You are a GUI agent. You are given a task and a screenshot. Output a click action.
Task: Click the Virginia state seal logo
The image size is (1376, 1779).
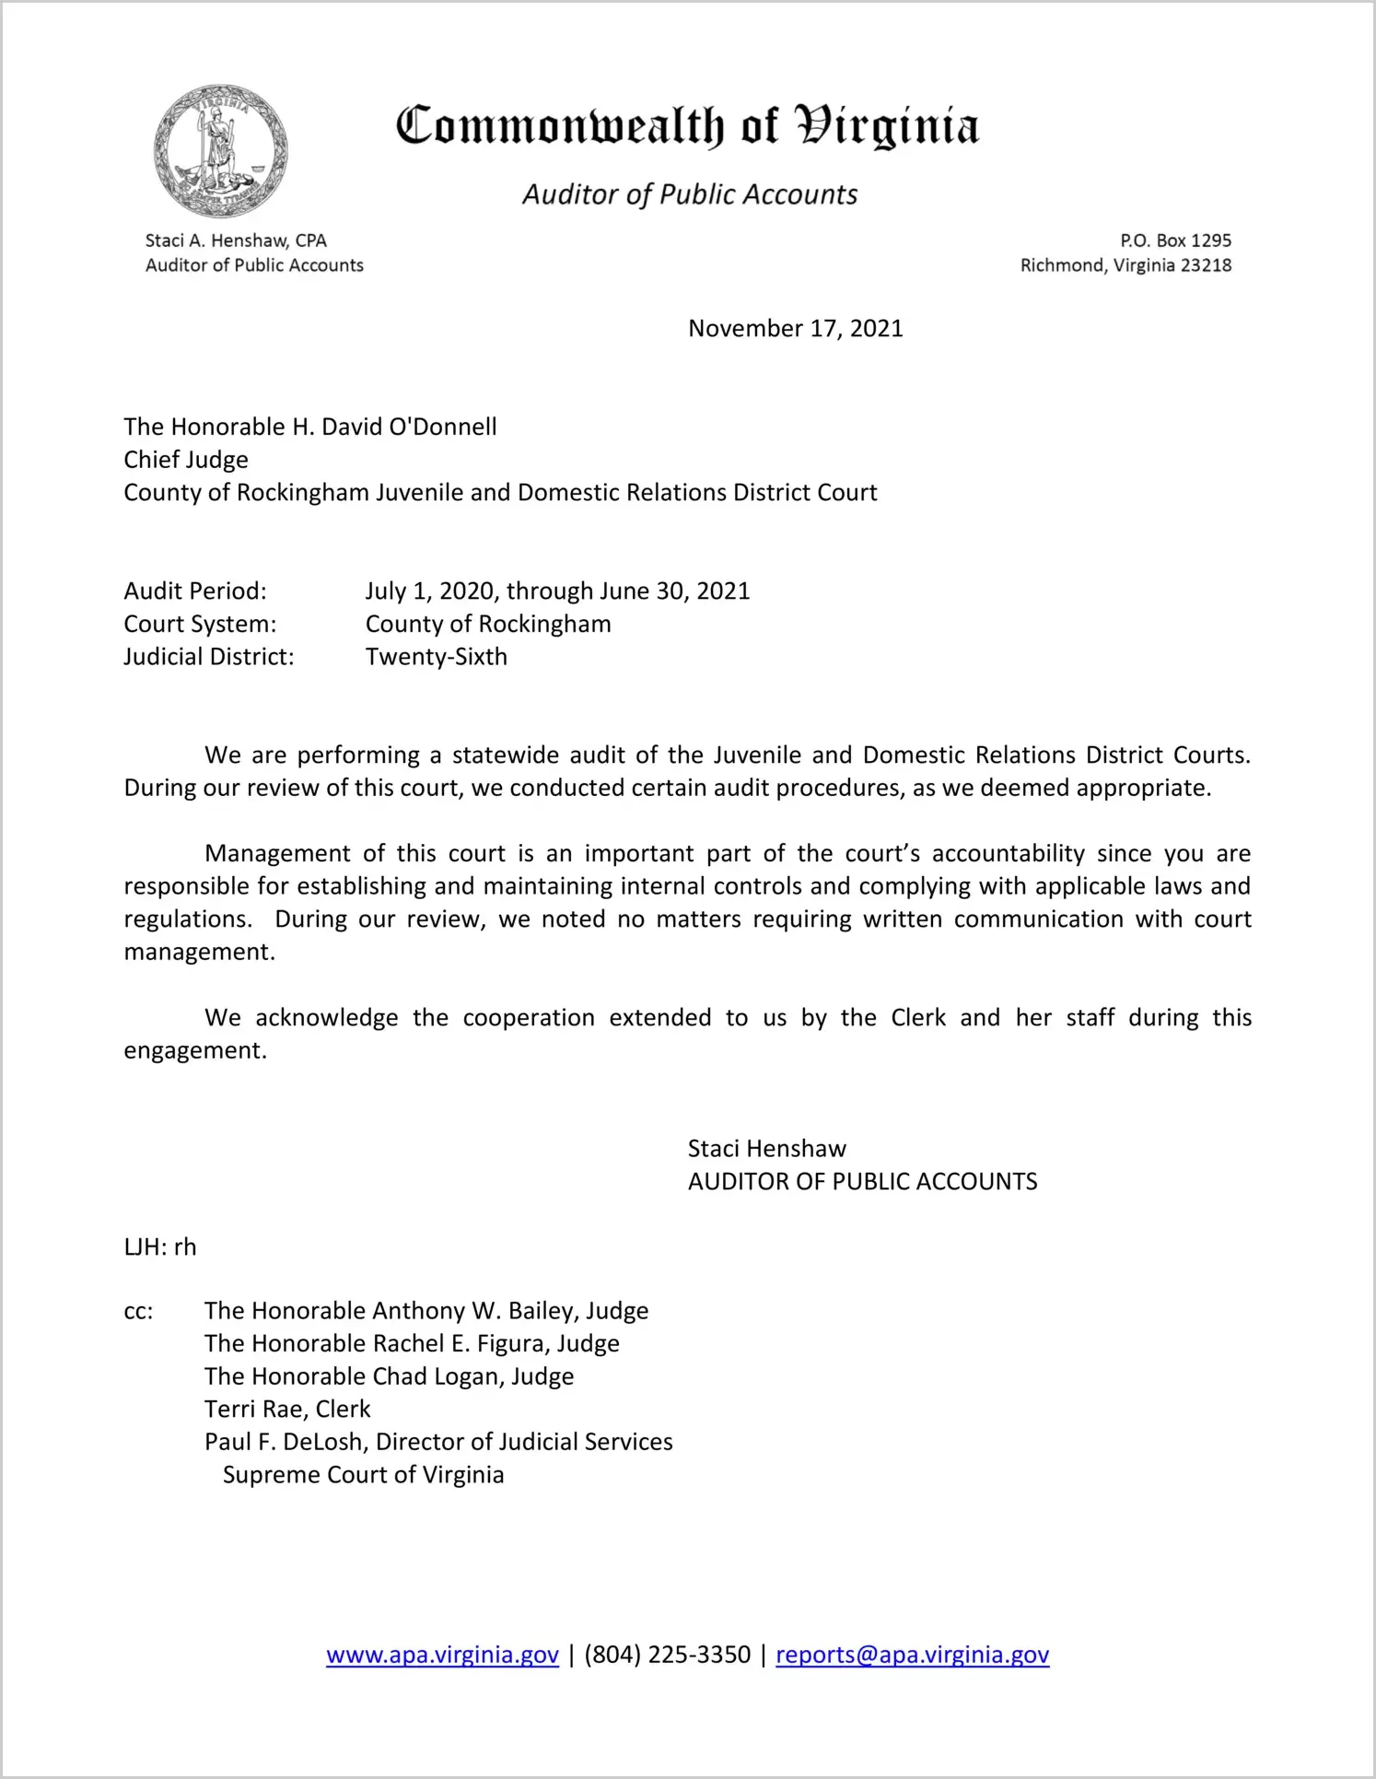[220, 151]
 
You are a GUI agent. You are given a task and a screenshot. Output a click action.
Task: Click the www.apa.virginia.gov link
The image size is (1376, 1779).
[442, 1655]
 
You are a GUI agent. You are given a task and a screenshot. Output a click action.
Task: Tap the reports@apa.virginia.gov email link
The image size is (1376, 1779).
[912, 1655]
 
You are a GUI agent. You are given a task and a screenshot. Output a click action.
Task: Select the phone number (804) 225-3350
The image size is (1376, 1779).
[667, 1655]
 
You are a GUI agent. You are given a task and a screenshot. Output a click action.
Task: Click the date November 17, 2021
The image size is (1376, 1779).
[795, 329]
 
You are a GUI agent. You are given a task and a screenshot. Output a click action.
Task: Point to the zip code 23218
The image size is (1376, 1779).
[1206, 265]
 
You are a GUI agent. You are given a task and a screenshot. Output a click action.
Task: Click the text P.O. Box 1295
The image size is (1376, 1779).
[1175, 240]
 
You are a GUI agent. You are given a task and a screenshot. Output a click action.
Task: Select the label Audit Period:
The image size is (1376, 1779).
[195, 591]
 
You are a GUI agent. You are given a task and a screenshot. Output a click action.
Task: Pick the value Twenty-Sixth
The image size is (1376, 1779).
[436, 657]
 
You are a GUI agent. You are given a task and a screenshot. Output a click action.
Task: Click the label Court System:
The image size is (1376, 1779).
[200, 624]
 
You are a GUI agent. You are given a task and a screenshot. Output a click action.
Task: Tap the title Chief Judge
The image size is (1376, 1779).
[186, 460]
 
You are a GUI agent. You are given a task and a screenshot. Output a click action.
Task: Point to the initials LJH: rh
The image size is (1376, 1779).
[160, 1246]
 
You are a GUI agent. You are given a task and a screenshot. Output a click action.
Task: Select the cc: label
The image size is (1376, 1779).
[138, 1311]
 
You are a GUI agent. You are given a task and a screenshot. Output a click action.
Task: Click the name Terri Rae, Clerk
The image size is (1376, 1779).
[287, 1409]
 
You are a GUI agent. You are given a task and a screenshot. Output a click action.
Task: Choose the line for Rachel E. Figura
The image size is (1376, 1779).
[412, 1343]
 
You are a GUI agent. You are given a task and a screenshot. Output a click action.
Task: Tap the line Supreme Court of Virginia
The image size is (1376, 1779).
[363, 1475]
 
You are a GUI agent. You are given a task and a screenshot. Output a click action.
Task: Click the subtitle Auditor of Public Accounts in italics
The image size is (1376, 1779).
[690, 194]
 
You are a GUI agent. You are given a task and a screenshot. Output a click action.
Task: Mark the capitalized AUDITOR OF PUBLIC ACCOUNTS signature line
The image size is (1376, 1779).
[862, 1181]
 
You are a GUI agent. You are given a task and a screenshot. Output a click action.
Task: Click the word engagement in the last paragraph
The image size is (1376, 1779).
[194, 1051]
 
